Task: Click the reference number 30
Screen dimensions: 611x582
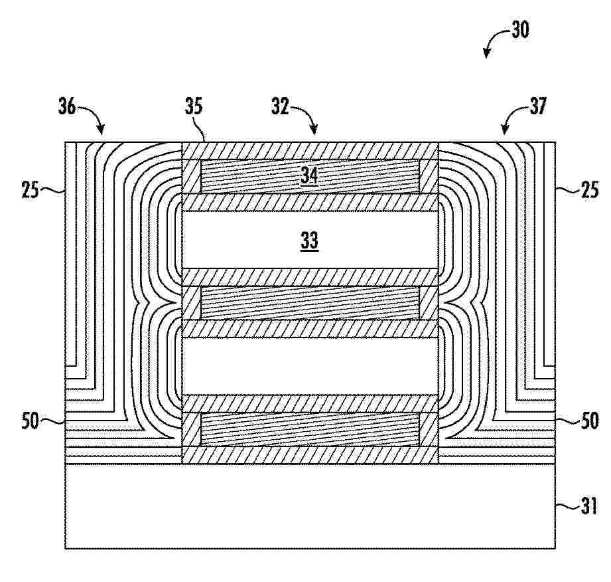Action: (x=520, y=30)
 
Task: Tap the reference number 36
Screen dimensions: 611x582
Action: (x=67, y=106)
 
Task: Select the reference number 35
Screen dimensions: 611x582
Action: (x=194, y=106)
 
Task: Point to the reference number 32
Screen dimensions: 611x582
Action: (x=281, y=106)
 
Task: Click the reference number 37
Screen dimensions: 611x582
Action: (x=538, y=106)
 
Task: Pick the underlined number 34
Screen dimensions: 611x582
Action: (x=309, y=175)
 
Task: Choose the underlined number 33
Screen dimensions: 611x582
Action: (x=309, y=241)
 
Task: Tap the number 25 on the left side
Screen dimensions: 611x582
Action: (x=31, y=190)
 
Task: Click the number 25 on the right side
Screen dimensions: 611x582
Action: (x=589, y=190)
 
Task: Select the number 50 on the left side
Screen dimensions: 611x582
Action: (x=31, y=421)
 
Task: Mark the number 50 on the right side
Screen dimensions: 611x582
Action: (x=589, y=421)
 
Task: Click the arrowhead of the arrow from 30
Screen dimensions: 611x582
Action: (x=486, y=54)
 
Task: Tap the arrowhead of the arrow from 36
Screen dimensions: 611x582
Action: (x=102, y=130)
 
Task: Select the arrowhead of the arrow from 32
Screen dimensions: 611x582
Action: (x=314, y=130)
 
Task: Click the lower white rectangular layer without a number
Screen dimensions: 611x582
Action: (x=310, y=366)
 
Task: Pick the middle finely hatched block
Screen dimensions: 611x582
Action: (x=310, y=303)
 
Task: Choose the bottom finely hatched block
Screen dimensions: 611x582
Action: (x=310, y=429)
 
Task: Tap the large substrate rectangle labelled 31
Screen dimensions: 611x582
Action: (x=310, y=506)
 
